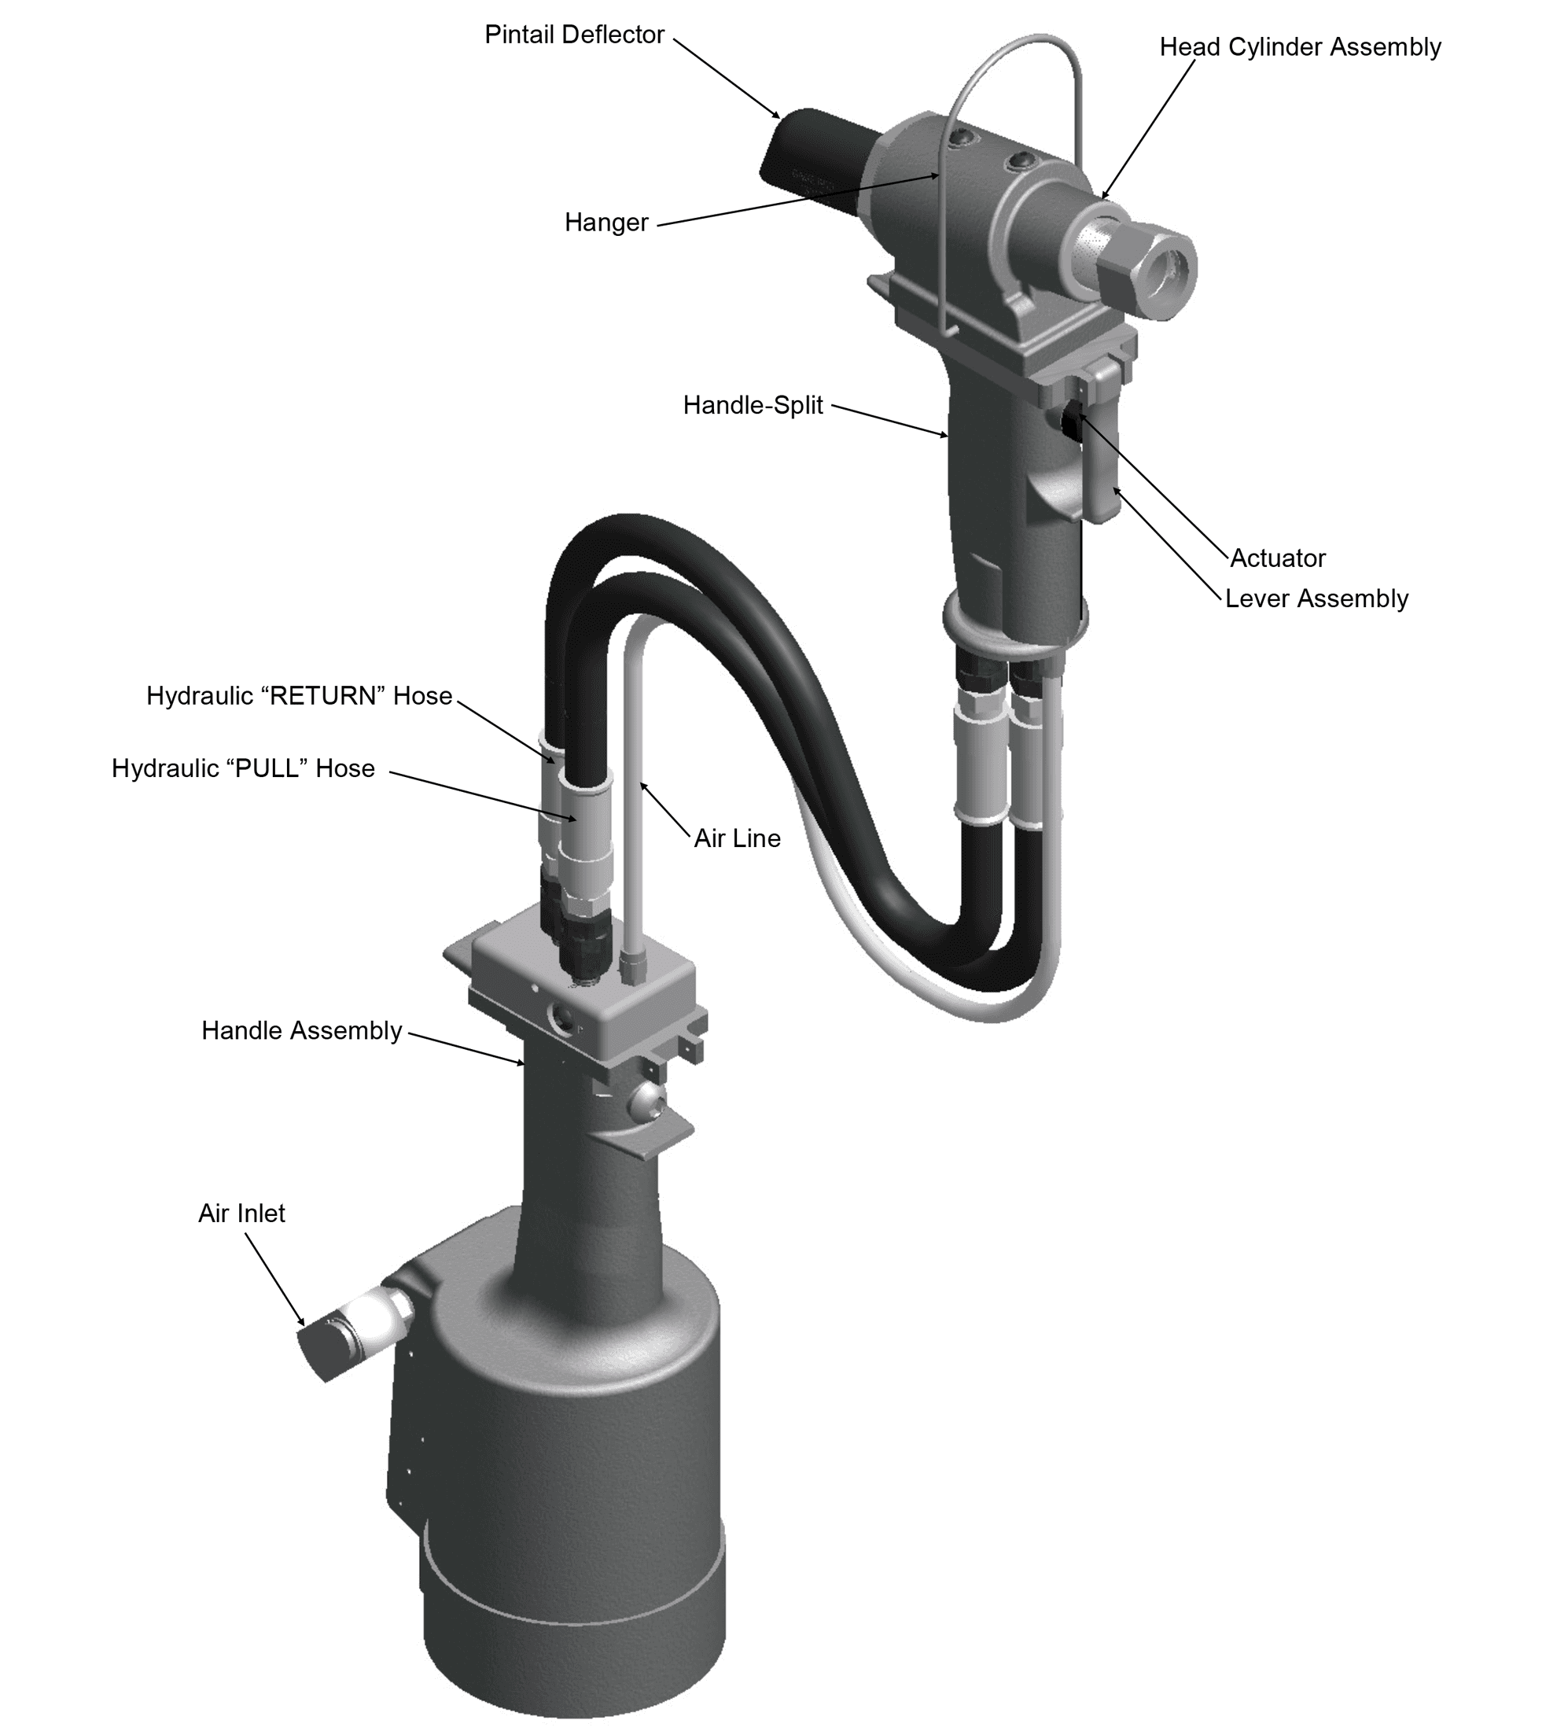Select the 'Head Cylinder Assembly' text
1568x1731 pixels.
[x=1300, y=47]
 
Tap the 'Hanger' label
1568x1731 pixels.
[x=605, y=223]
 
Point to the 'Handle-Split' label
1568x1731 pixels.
[x=753, y=404]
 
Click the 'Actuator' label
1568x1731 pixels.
[x=1278, y=558]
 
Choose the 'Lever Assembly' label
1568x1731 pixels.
[x=1316, y=598]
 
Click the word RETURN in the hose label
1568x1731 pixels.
[x=324, y=695]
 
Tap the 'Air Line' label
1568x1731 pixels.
[x=737, y=838]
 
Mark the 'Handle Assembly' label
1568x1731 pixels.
[x=301, y=1030]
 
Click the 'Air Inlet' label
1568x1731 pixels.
[x=241, y=1214]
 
